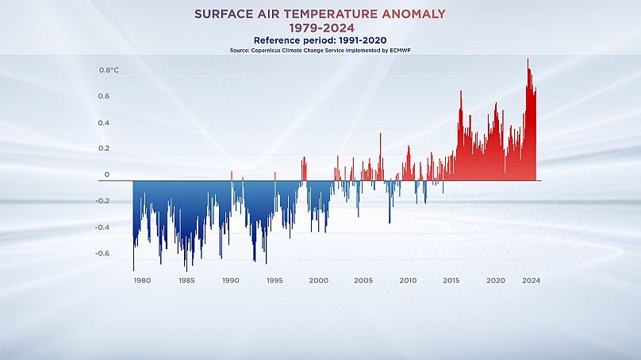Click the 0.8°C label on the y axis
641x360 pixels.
109,71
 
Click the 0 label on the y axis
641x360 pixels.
107,174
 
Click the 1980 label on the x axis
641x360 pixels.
142,281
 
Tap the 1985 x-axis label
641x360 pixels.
186,281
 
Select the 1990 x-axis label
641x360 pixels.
230,281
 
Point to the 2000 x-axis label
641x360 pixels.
318,281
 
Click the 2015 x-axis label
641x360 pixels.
451,281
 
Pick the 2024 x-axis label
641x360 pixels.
532,281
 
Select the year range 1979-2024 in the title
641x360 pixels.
320,29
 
